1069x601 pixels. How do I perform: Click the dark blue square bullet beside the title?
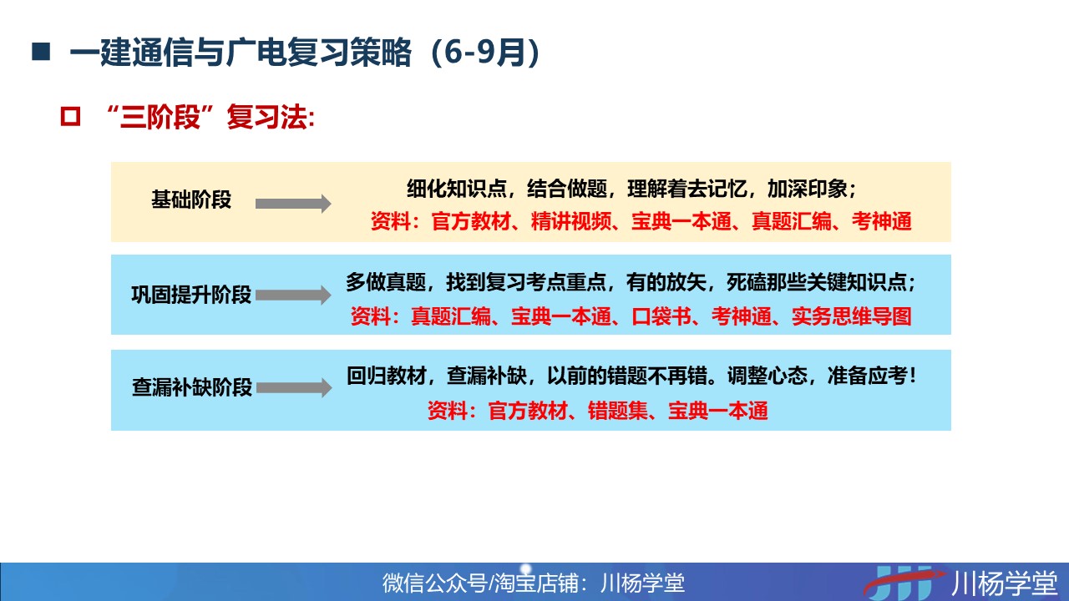tap(41, 52)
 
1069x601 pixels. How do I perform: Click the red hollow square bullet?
tap(70, 116)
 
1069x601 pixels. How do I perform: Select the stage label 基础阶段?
tap(191, 199)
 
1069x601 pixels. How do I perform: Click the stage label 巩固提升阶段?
tap(191, 295)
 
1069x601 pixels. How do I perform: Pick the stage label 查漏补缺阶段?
tap(192, 387)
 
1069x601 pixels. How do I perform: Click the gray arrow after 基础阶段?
tap(293, 204)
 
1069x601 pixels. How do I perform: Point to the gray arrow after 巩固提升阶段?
tap(293, 295)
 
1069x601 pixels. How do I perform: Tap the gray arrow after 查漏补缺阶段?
tap(294, 388)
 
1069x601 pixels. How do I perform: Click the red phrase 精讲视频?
tap(570, 221)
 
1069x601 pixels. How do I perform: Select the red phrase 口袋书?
tap(661, 316)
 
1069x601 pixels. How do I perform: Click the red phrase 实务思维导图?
tap(852, 316)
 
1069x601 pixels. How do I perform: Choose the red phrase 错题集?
tap(617, 411)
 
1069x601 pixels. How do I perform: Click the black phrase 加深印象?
tap(807, 189)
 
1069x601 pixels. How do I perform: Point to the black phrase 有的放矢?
tap(666, 282)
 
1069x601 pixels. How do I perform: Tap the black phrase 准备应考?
tap(867, 376)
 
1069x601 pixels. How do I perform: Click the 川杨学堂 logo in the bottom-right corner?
tap(960, 582)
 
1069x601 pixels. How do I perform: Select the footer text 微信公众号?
tap(434, 583)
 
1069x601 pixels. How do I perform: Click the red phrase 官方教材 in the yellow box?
tap(471, 221)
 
